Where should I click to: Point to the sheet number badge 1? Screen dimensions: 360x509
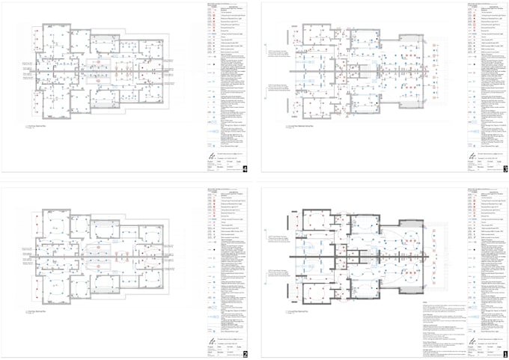tap(505, 352)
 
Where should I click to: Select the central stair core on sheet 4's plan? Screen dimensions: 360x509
tap(102, 72)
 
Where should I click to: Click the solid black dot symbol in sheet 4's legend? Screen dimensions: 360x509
tap(213, 65)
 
